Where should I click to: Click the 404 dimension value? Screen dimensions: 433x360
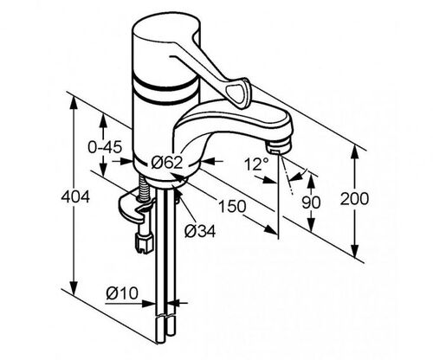pos(75,197)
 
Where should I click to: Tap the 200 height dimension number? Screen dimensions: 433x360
pos(354,199)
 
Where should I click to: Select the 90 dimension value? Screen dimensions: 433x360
pos(311,202)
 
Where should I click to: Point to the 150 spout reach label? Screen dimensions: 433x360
pos(232,206)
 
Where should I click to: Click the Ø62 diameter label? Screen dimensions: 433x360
pos(167,163)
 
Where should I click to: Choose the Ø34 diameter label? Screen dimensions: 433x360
pos(200,231)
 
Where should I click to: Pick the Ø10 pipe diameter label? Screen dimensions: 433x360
pos(122,293)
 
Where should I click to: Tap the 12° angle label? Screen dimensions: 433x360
pos(256,164)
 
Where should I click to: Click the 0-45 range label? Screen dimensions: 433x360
pos(105,147)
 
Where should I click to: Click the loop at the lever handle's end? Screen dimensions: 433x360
pos(237,93)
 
